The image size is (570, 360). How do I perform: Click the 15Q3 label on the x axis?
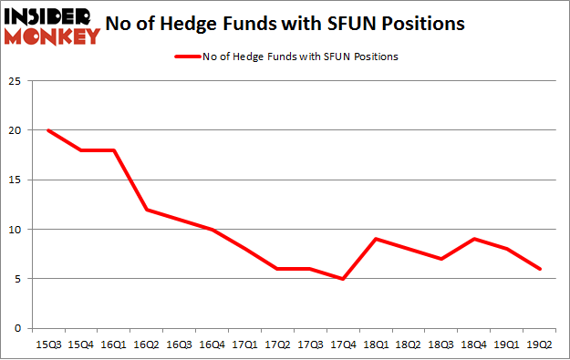[47, 345]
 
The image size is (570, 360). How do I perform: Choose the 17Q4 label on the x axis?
[342, 345]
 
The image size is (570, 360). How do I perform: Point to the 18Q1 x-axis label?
[375, 345]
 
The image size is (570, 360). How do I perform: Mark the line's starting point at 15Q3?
[47, 130]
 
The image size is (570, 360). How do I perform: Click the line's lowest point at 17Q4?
[343, 279]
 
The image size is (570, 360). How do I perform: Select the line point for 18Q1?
[376, 239]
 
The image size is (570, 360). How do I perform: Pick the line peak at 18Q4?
[472, 239]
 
